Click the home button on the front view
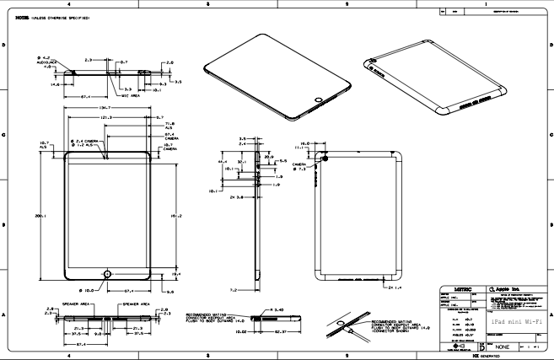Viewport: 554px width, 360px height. [x=107, y=274]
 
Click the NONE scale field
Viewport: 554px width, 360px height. [x=502, y=347]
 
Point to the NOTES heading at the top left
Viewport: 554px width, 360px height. [x=11, y=17]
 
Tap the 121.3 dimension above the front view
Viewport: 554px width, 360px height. [x=106, y=117]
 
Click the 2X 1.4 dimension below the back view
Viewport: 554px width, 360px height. [x=390, y=288]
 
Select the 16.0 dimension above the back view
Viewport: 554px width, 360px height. [x=305, y=142]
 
